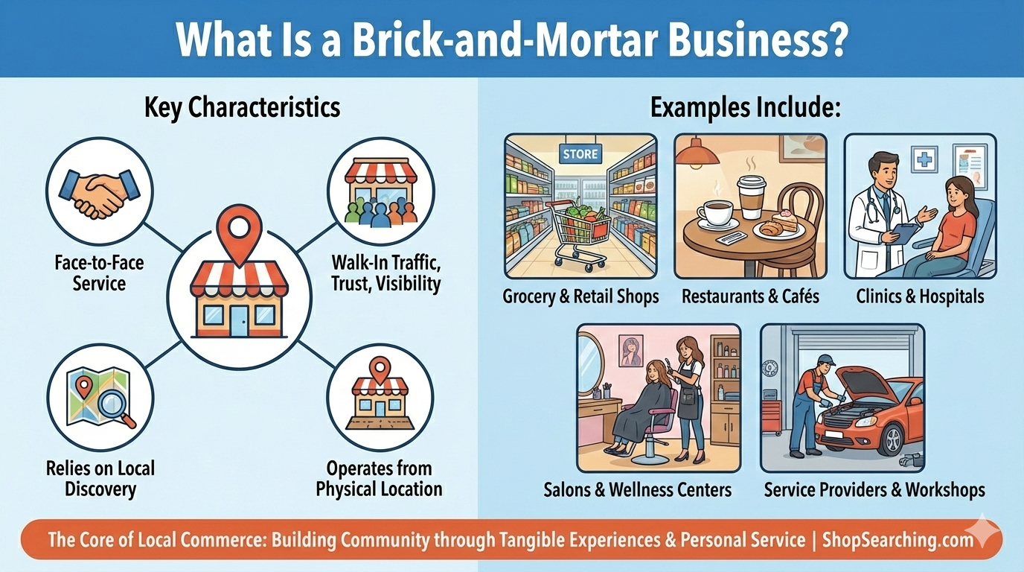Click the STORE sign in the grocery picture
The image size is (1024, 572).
(580, 154)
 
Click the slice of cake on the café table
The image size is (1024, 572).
(784, 220)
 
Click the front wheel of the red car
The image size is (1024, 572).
(892, 439)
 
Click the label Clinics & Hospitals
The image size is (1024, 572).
(920, 296)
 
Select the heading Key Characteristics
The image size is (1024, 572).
(242, 107)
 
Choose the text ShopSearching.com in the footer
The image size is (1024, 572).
(897, 540)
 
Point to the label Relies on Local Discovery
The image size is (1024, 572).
(100, 478)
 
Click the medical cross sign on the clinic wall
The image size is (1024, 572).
(924, 159)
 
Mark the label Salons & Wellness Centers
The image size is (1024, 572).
(637, 490)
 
